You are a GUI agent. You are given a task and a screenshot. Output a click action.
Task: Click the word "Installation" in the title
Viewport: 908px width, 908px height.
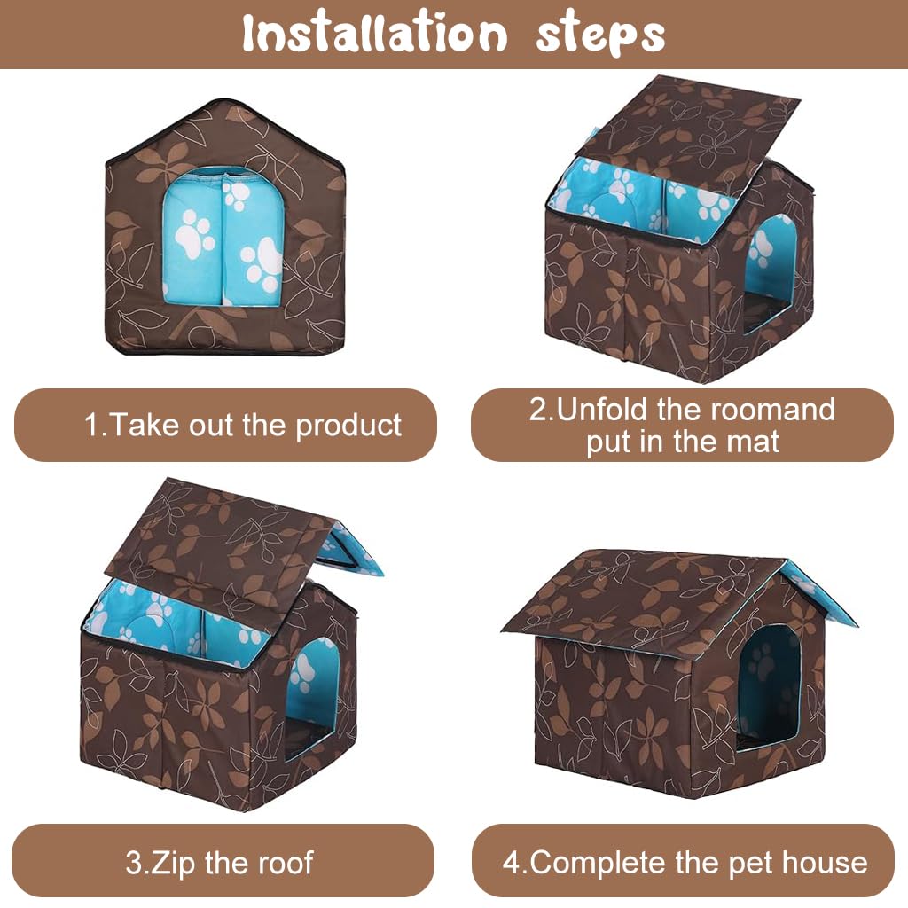pyautogui.click(x=373, y=34)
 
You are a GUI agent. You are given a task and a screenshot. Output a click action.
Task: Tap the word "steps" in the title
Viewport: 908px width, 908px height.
pyautogui.click(x=600, y=34)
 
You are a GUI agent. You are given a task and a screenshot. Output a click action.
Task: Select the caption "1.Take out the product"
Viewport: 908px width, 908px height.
pyautogui.click(x=243, y=425)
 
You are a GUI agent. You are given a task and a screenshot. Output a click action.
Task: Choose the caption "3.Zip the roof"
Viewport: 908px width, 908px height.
pyautogui.click(x=219, y=862)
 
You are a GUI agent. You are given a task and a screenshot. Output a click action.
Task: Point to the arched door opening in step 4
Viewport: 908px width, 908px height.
pyautogui.click(x=770, y=687)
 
